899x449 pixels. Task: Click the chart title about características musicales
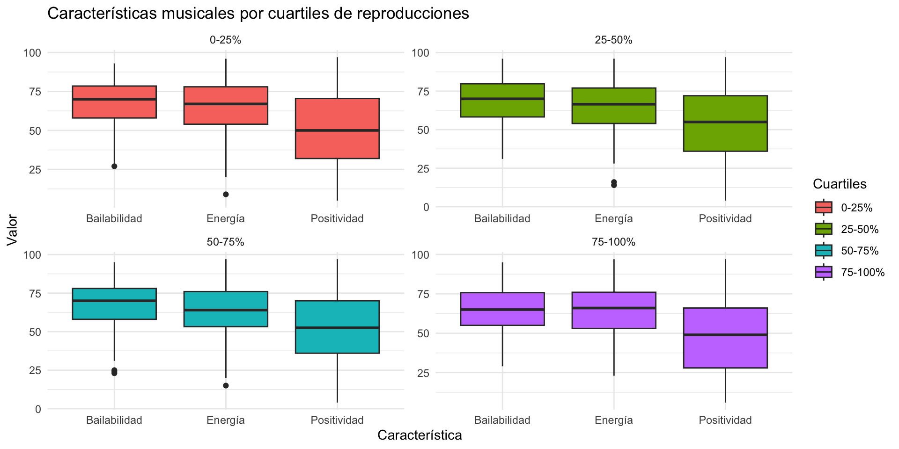(258, 14)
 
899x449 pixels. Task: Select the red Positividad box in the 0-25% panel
(337, 129)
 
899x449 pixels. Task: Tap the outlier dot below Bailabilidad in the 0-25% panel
(114, 166)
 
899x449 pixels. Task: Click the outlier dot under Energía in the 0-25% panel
(226, 194)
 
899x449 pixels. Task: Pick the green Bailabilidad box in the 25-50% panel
(502, 100)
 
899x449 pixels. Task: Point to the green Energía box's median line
(613, 104)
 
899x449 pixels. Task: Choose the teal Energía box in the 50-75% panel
(226, 309)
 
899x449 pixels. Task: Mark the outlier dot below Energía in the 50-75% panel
(226, 385)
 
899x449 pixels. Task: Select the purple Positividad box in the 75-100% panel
(725, 338)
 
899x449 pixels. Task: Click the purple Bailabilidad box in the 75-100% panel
(502, 309)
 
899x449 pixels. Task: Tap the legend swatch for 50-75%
(823, 251)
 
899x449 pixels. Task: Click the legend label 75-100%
(862, 273)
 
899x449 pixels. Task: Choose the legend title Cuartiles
(840, 184)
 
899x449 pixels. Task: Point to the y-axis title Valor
(13, 230)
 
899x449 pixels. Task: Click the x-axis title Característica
(420, 435)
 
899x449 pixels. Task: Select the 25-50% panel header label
(613, 40)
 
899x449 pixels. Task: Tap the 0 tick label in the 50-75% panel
(38, 409)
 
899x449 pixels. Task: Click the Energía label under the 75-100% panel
(613, 420)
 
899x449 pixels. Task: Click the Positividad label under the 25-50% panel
(725, 218)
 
